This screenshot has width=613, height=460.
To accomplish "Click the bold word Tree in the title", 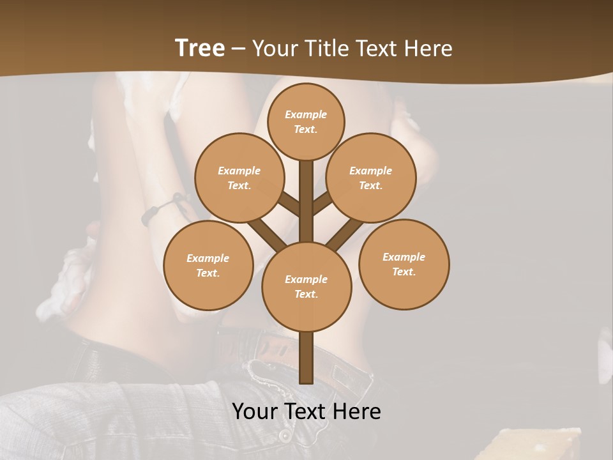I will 200,48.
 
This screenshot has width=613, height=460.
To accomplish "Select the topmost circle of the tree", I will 306,121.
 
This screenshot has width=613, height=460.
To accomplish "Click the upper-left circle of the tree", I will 239,178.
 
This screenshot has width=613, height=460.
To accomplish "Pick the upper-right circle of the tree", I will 371,178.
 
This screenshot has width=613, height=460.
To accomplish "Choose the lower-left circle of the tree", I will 208,265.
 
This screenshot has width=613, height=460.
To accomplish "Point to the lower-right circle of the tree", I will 404,264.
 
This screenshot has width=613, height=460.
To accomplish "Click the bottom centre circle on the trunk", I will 306,286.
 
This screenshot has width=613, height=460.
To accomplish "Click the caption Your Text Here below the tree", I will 306,411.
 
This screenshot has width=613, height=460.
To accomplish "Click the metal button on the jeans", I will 284,436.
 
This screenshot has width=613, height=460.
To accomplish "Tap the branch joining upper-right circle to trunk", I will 322,203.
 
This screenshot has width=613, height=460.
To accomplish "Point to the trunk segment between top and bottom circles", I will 306,198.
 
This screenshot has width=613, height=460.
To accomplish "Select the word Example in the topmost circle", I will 306,114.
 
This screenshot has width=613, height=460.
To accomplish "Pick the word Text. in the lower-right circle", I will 404,272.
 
